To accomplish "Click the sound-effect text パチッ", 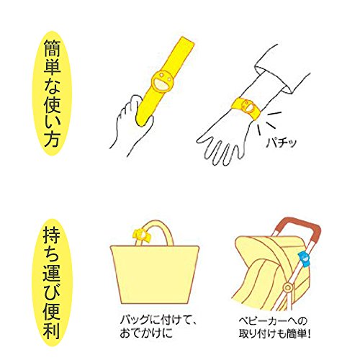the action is click(282, 143).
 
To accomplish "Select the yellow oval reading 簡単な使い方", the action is click(52, 93).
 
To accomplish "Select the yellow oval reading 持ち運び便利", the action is click(52, 283).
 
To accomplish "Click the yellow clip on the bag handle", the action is click(142, 235).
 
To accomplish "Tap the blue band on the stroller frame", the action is click(304, 260).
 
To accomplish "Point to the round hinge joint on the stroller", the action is click(287, 287).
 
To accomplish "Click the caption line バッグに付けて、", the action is click(158, 320).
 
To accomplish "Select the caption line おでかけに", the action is click(146, 333).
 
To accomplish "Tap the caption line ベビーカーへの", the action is click(273, 320).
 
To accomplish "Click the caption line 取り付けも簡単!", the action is click(274, 333).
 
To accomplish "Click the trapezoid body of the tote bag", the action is click(155, 274).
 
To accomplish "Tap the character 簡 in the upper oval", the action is click(52, 48).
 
